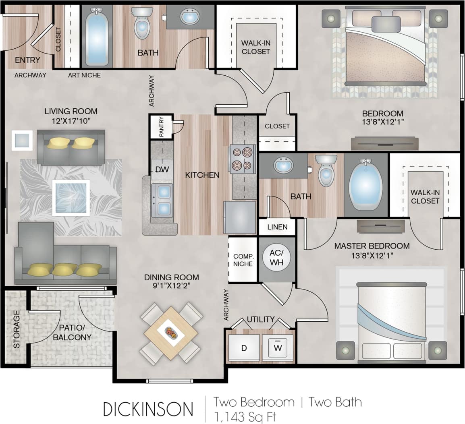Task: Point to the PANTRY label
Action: (x=161, y=127)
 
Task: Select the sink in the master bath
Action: (x=283, y=165)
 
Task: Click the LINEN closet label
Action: (x=277, y=227)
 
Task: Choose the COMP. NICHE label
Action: (x=243, y=260)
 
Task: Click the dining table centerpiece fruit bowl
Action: (x=171, y=333)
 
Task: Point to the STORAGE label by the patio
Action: (x=16, y=329)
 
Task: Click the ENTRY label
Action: (x=27, y=60)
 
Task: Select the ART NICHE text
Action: (x=84, y=75)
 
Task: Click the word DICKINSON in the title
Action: (x=148, y=409)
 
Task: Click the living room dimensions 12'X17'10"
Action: (x=71, y=120)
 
